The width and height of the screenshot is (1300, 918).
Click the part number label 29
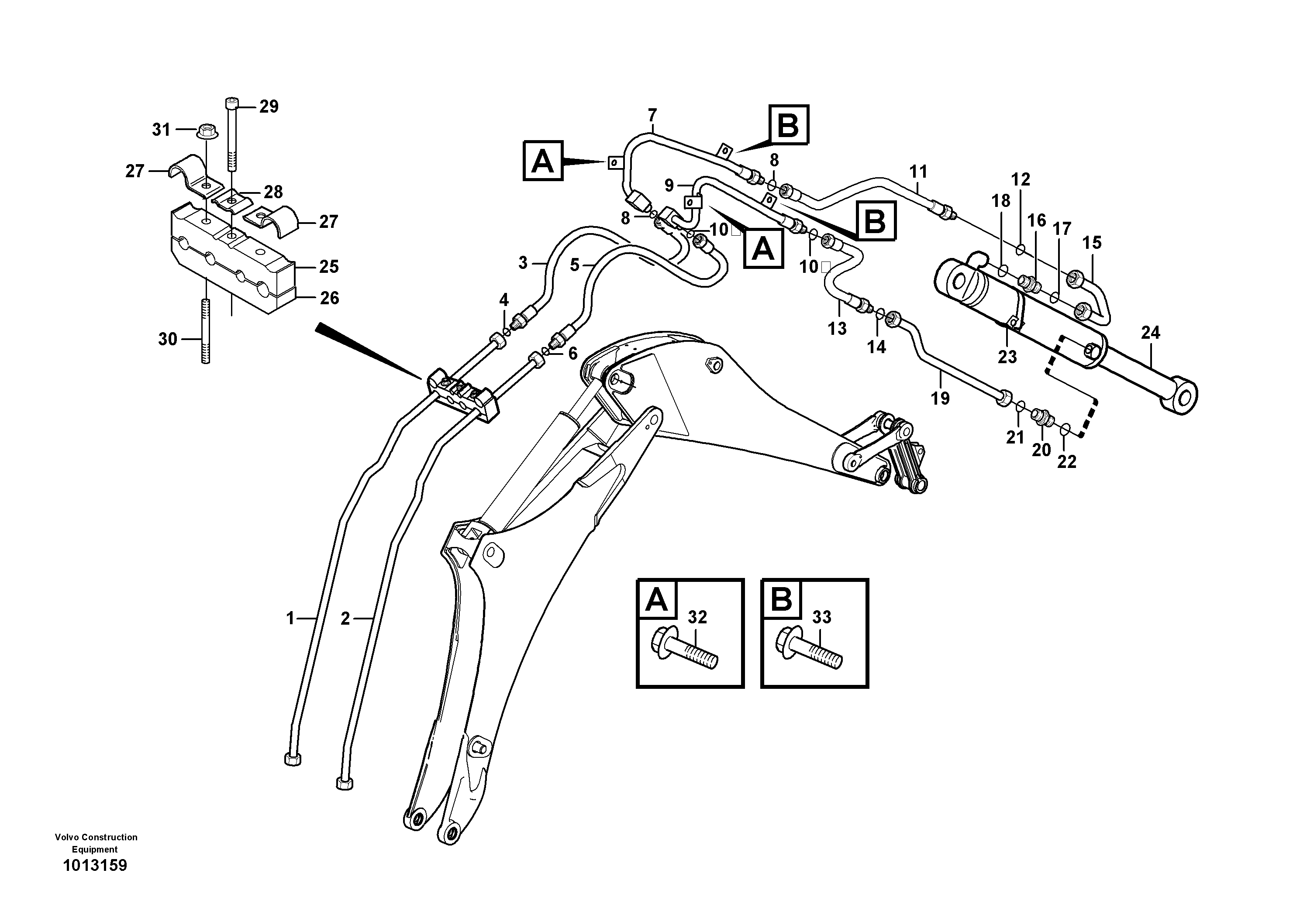269,107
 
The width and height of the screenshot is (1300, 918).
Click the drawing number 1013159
95,865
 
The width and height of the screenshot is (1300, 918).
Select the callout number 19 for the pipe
940,399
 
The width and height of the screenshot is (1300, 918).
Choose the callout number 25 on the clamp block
328,267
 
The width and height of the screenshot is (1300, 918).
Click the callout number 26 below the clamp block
329,298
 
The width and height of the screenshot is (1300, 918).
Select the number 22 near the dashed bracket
1067,462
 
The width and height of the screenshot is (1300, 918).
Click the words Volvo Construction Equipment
96,843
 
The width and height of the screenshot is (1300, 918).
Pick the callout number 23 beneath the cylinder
1007,357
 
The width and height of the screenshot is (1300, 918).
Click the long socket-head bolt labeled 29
233,136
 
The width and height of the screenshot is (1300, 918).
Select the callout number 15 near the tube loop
1092,243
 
